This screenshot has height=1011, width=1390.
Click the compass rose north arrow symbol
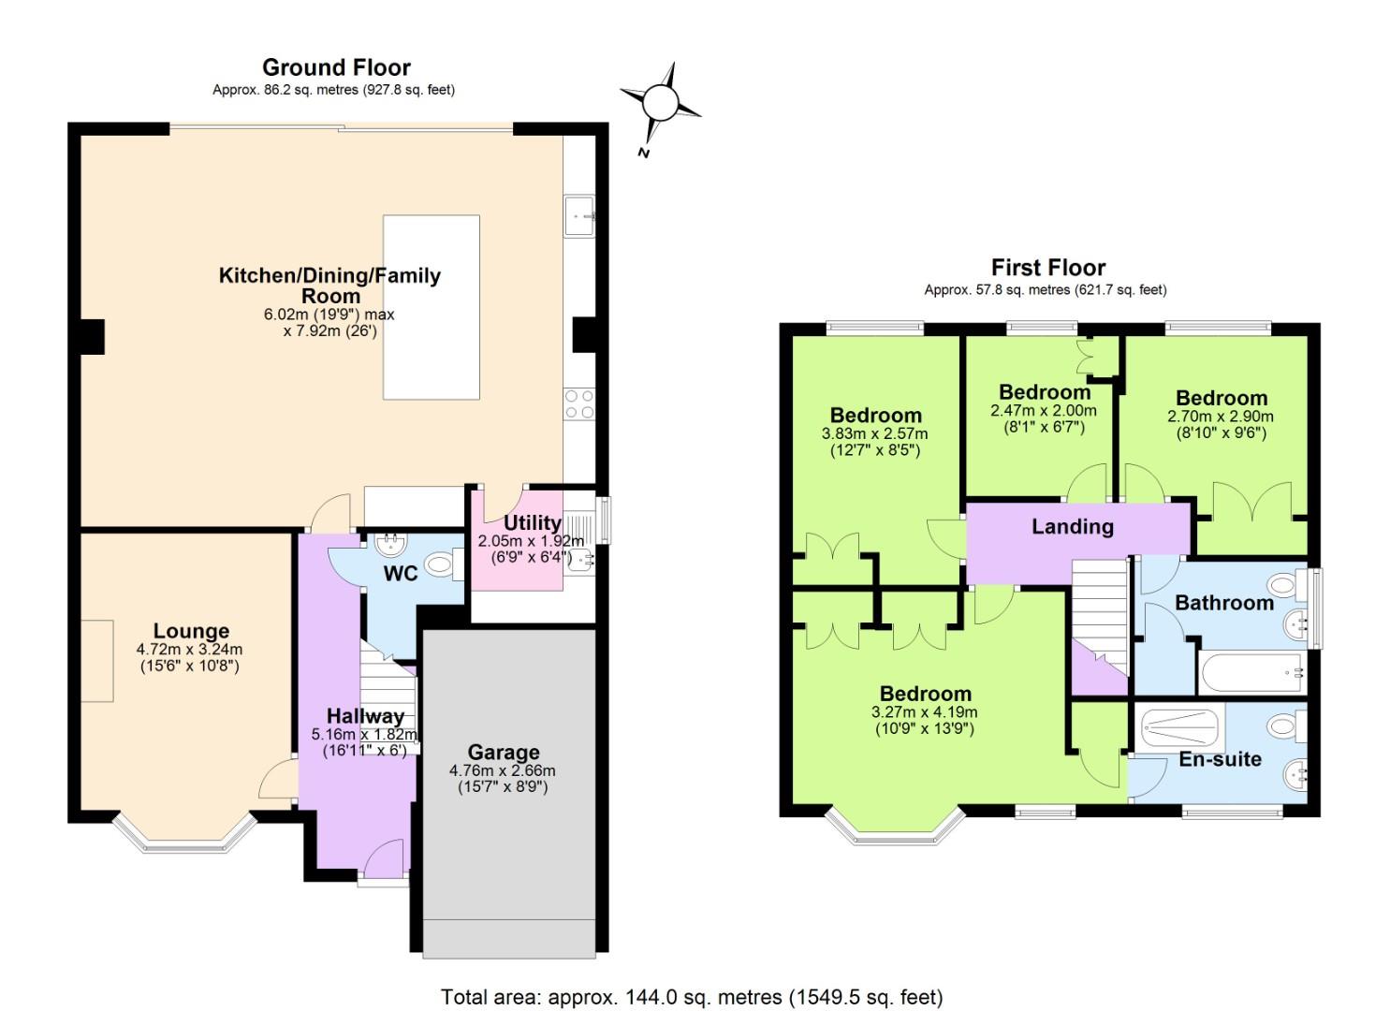coord(660,102)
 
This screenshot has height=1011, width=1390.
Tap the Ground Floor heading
coord(336,67)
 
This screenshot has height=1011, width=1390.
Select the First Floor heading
coord(1048,268)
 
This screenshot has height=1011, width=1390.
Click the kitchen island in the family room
coord(432,307)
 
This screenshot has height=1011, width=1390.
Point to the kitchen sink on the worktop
coord(579,217)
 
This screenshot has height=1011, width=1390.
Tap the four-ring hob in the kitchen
coord(578,404)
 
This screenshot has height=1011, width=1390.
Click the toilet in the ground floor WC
coord(440,564)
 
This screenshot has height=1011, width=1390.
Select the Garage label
coord(504,753)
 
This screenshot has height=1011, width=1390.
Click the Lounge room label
coord(191,631)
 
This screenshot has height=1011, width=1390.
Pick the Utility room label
coord(532,522)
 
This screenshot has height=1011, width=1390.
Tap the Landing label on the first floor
coord(1073,526)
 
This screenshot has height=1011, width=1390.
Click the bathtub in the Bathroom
coord(1251,672)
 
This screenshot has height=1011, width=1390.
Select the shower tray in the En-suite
coord(1179,726)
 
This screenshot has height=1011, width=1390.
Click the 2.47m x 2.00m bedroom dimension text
coord(1043,411)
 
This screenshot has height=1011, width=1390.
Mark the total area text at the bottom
coord(692,997)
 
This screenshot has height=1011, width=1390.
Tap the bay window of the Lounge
coord(184,836)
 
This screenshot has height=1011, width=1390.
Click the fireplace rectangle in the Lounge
coord(96,661)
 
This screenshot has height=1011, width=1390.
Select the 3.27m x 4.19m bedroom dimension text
coord(924,712)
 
